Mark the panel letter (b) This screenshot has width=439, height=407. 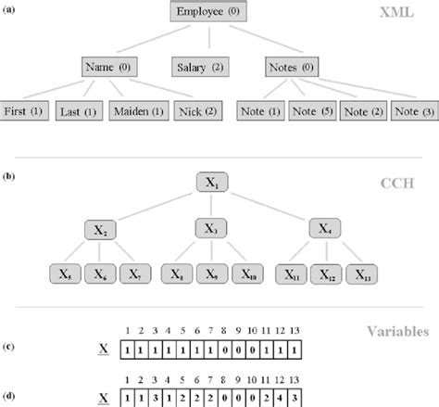click(x=7, y=172)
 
